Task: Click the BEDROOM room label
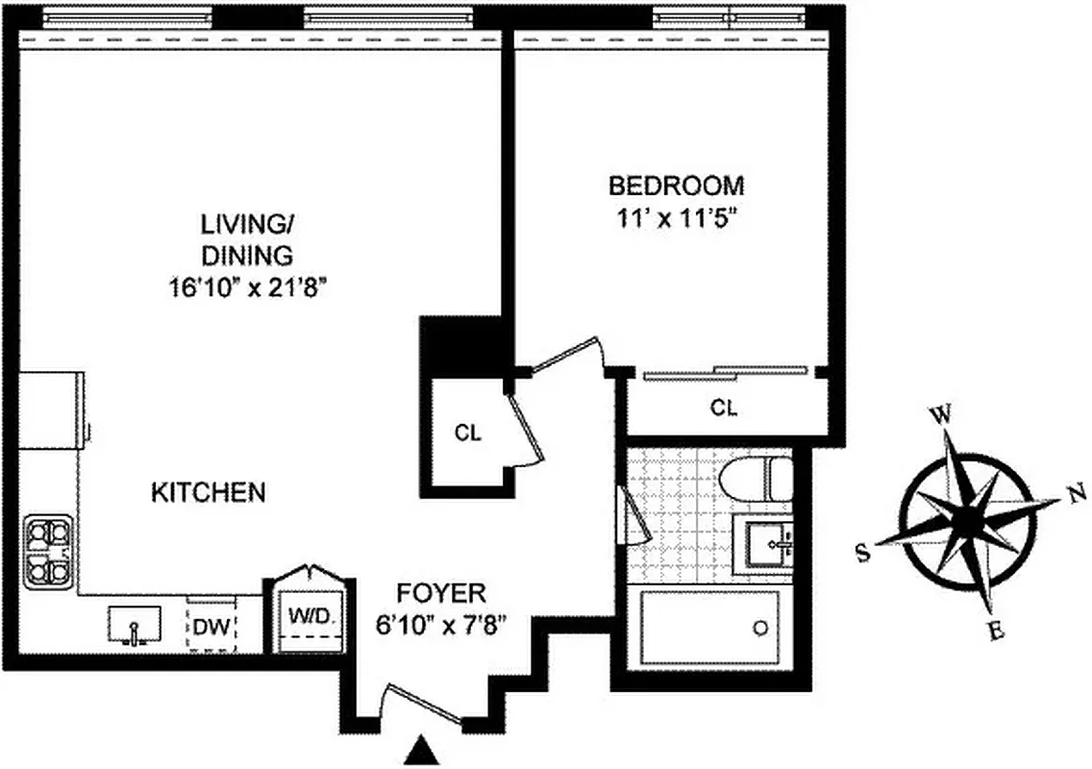coord(676,185)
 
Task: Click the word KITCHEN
coord(208,493)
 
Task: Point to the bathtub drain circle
coord(760,629)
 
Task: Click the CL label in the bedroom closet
coord(724,408)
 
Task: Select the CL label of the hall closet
coord(467,433)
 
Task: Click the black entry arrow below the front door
coord(419,753)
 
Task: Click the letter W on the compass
coord(942,415)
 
